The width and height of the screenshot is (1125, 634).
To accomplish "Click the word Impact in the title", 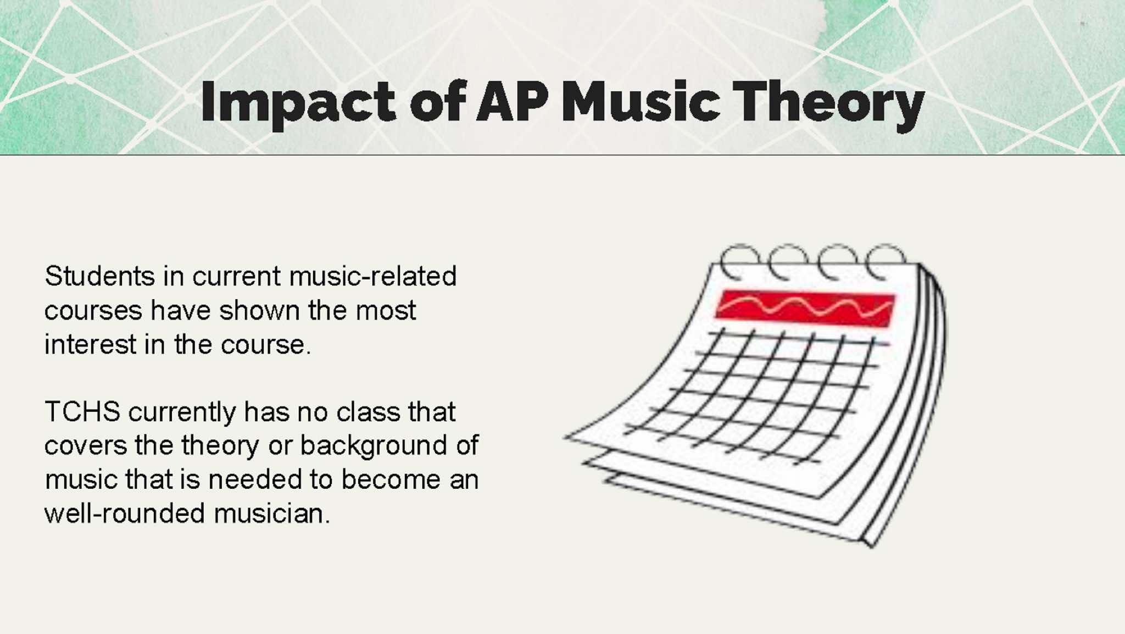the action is [x=298, y=102].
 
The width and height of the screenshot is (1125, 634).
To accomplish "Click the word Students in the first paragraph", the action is [x=99, y=276].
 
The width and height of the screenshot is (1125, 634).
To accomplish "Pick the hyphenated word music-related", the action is [x=373, y=276].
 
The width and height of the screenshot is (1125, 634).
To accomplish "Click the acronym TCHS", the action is [x=82, y=411].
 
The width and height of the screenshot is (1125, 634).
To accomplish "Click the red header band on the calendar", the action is [x=805, y=308].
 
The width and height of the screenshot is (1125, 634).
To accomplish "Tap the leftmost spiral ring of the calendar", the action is [x=738, y=262].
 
